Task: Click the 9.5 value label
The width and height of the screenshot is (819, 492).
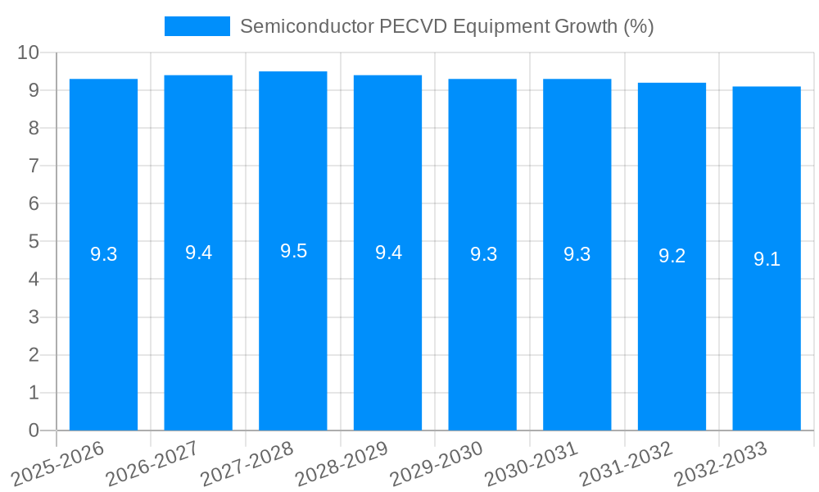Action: click(x=293, y=252)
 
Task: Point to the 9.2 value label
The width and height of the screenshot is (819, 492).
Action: click(x=672, y=256)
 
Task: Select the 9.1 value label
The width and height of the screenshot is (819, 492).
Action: click(x=767, y=260)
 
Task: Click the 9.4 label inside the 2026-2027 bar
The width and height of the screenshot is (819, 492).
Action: click(x=198, y=253)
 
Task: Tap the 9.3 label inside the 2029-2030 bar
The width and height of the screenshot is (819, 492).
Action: click(x=483, y=254)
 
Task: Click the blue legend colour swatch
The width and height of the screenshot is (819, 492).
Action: click(x=197, y=26)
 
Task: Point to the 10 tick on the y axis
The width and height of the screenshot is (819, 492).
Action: click(x=29, y=52)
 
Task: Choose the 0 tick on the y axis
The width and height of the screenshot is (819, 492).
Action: click(x=34, y=430)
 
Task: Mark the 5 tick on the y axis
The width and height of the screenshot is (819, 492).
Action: click(x=34, y=242)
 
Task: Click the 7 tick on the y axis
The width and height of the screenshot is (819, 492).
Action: click(x=34, y=166)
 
